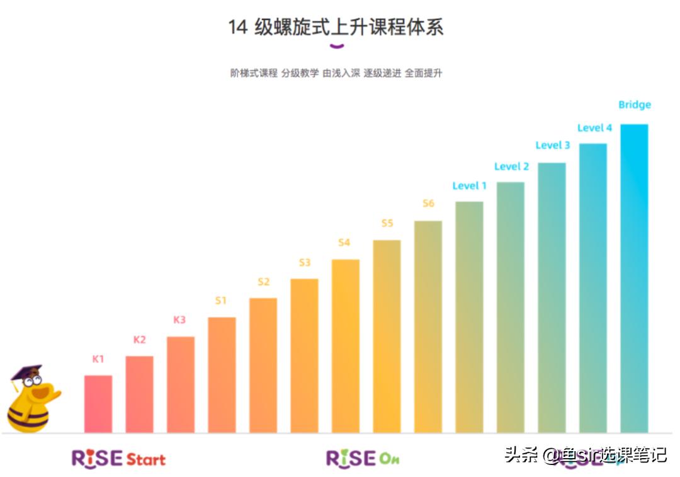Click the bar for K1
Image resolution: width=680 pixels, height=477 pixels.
(98, 404)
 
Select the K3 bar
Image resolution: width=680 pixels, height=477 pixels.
(181, 384)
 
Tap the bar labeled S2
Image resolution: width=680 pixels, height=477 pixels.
(263, 365)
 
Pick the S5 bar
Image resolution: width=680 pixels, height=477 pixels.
(387, 336)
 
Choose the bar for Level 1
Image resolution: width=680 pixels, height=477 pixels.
(469, 317)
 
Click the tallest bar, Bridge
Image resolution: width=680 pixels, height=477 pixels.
(634, 278)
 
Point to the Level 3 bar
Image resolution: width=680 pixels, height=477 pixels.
(552, 297)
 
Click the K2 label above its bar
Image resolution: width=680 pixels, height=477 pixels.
(139, 340)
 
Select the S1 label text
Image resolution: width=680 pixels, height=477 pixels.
(220, 301)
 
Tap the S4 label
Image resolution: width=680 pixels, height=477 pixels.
(344, 243)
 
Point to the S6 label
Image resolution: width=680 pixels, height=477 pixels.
(428, 204)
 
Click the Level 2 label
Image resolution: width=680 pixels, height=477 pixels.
(511, 166)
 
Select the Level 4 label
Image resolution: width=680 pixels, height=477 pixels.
(594, 128)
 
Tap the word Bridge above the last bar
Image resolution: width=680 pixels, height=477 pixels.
(634, 105)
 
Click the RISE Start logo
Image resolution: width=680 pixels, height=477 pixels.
(118, 458)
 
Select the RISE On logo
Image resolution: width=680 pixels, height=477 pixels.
(362, 458)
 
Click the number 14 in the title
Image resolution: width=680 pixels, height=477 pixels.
(237, 28)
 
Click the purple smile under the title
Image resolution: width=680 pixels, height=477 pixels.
(337, 45)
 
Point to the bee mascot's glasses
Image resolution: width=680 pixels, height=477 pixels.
(31, 381)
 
